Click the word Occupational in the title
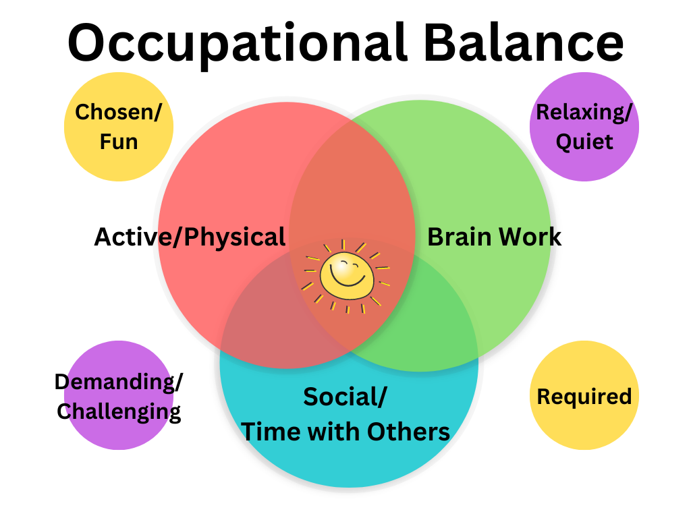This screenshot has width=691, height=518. [238, 44]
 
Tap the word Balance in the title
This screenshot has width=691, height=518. [524, 42]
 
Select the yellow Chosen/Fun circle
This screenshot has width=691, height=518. [119, 127]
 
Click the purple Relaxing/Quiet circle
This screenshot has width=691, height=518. [584, 127]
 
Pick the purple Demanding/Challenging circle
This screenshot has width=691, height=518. [119, 395]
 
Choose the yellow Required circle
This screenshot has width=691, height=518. [584, 395]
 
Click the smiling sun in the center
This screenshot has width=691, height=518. [346, 276]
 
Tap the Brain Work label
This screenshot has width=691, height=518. [495, 237]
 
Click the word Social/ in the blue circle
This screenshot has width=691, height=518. [345, 397]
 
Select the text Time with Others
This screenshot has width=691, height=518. [345, 431]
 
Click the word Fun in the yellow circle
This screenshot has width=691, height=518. [119, 142]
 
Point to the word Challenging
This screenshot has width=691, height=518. [119, 412]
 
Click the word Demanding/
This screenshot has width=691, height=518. [119, 382]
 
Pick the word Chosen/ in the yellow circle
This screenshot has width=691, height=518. [119, 113]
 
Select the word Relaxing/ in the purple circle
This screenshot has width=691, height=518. [584, 113]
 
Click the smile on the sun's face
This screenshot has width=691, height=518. [348, 279]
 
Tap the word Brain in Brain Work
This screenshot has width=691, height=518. [459, 237]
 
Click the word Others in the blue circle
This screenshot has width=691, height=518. [408, 432]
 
